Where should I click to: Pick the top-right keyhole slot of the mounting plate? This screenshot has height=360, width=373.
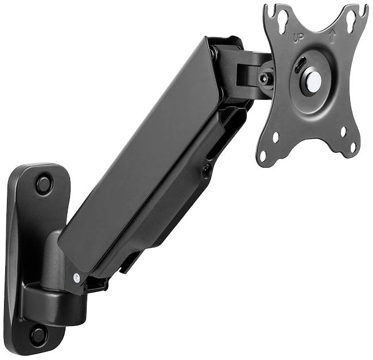[x=351, y=22]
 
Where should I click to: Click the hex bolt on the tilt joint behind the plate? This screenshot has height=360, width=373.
[x=264, y=79]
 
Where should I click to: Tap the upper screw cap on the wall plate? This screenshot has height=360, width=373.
[x=44, y=184]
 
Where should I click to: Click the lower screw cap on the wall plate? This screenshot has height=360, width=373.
[x=38, y=334]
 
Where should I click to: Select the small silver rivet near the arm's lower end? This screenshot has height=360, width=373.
[x=76, y=277]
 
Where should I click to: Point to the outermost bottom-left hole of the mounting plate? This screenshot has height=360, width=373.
[x=263, y=155]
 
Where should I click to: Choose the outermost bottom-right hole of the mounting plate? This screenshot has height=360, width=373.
[x=353, y=147]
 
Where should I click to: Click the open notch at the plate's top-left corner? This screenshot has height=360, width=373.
[x=271, y=10]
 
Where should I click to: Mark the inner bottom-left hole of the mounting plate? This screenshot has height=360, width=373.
[x=275, y=137]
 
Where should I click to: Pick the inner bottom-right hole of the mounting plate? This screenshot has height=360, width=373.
[x=343, y=131]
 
